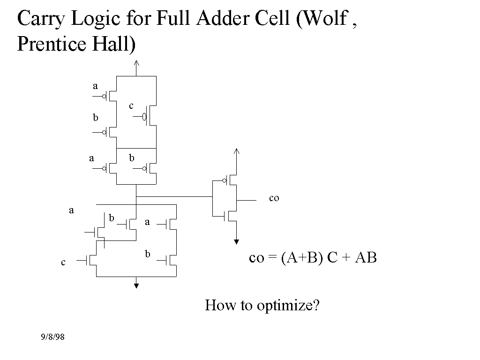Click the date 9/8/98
point(52,337)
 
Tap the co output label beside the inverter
point(274,198)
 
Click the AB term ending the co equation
point(366,258)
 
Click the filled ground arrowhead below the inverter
point(236,242)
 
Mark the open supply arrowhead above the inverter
point(236,151)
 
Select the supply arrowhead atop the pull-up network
point(136,64)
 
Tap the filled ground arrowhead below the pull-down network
point(136,285)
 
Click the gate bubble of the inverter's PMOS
point(225,180)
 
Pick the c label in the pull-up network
point(131,106)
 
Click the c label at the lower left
point(63,263)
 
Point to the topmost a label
point(95,86)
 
